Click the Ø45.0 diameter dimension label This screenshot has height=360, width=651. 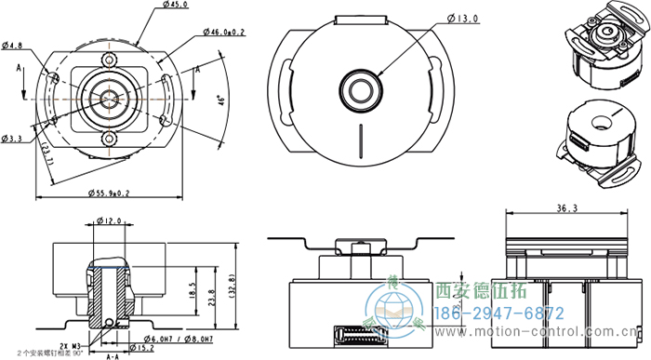click(x=175, y=6)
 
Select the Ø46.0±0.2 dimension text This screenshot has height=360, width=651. click(x=224, y=32)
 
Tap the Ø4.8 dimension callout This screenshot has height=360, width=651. click(x=13, y=44)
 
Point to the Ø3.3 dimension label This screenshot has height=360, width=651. click(x=13, y=139)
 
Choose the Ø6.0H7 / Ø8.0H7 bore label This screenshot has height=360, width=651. click(x=182, y=338)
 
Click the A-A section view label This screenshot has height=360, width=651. click(x=113, y=355)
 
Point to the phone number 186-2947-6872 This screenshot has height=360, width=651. click(x=500, y=313)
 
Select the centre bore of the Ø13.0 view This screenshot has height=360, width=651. click(x=359, y=87)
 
